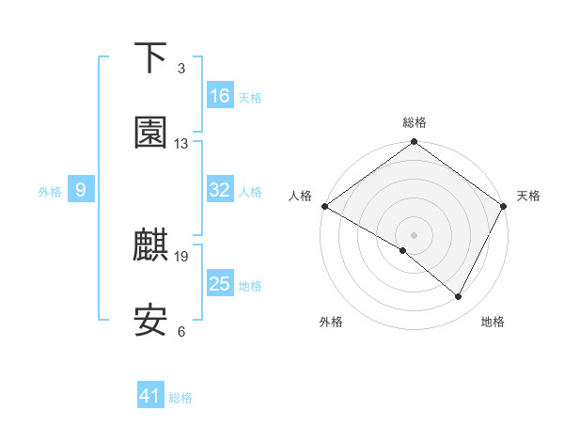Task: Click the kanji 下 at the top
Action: point(150,58)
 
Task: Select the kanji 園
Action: point(150,133)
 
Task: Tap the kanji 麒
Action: point(150,245)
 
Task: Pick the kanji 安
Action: point(150,321)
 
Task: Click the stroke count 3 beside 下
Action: point(181,69)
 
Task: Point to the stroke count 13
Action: point(181,144)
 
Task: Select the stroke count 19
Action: point(181,256)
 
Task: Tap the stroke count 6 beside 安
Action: point(181,331)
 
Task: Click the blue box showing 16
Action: point(220,96)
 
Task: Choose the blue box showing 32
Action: point(220,190)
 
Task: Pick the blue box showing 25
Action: point(220,284)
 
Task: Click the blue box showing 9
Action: point(81,190)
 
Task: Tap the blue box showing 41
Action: point(150,396)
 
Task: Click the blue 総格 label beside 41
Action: point(180,398)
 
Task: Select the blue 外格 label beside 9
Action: point(50,191)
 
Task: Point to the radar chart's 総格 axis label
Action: point(415,122)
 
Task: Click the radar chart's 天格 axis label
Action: point(528,196)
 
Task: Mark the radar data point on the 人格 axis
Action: point(324,206)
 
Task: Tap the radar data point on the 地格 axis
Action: point(459,296)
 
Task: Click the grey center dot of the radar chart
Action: point(415,234)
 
